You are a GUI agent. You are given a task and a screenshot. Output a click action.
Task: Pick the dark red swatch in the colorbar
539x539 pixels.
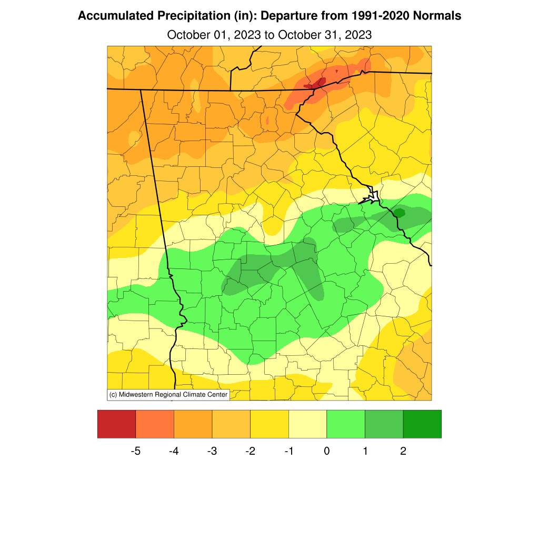pos(116,424)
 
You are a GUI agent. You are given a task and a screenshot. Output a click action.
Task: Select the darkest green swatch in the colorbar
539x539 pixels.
pos(422,424)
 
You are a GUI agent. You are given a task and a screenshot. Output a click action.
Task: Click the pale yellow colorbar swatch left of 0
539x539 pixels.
pos(307,424)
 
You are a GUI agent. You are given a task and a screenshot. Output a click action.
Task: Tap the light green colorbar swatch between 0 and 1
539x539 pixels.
pos(346,424)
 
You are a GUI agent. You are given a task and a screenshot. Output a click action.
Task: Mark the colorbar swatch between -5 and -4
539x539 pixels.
pos(155,424)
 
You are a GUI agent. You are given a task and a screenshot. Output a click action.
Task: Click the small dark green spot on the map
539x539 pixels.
pos(399,213)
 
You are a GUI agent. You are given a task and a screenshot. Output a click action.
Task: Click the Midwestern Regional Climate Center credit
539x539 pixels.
pos(168,394)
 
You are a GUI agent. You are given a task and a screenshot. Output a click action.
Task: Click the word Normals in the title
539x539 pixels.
pos(437,16)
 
